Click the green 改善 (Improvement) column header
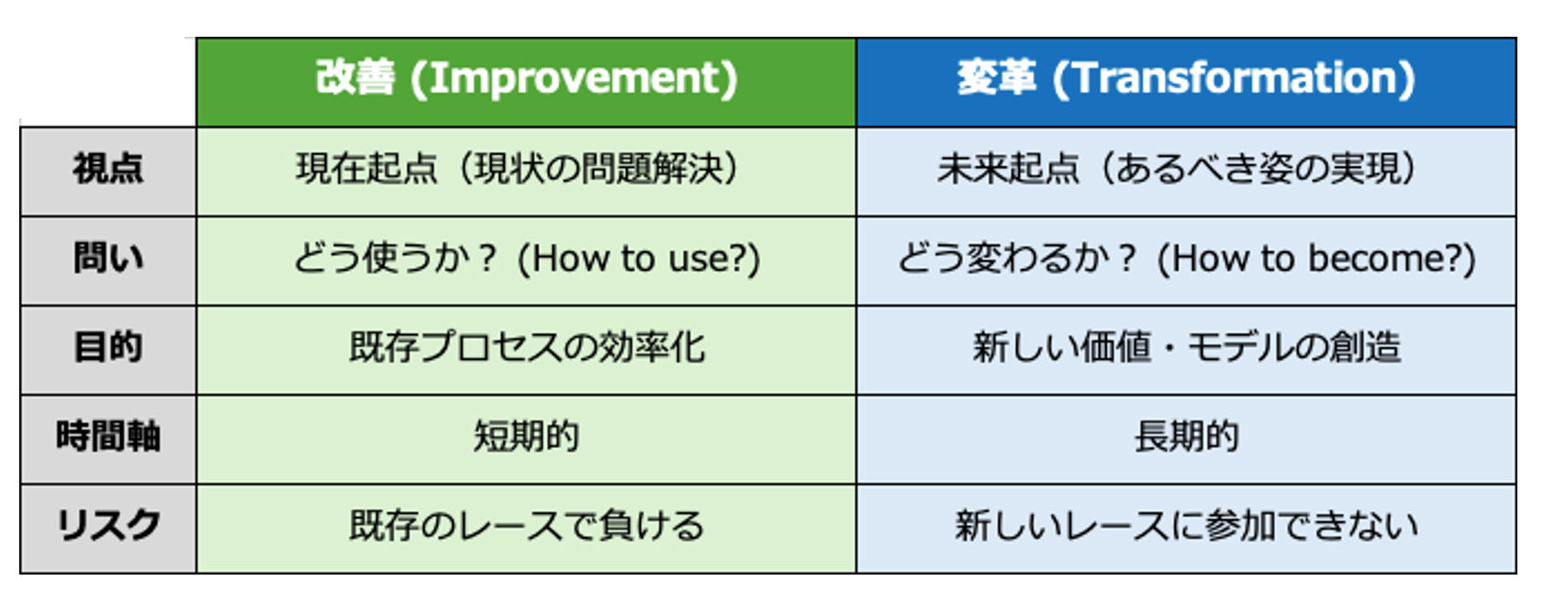point(526,82)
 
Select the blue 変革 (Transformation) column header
point(1186,82)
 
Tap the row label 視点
point(108,169)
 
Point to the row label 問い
point(108,259)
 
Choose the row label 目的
point(108,347)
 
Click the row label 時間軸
point(108,437)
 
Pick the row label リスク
point(108,526)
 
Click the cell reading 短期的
point(526,437)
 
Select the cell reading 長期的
point(1186,437)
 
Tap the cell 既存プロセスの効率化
point(527,347)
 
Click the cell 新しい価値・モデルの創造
point(1186,347)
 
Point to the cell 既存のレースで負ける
point(527,526)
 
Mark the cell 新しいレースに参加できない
point(1186,526)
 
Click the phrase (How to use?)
point(638,259)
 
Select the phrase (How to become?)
point(1315,259)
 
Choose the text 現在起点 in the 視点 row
point(366,169)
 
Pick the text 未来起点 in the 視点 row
point(1008,169)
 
